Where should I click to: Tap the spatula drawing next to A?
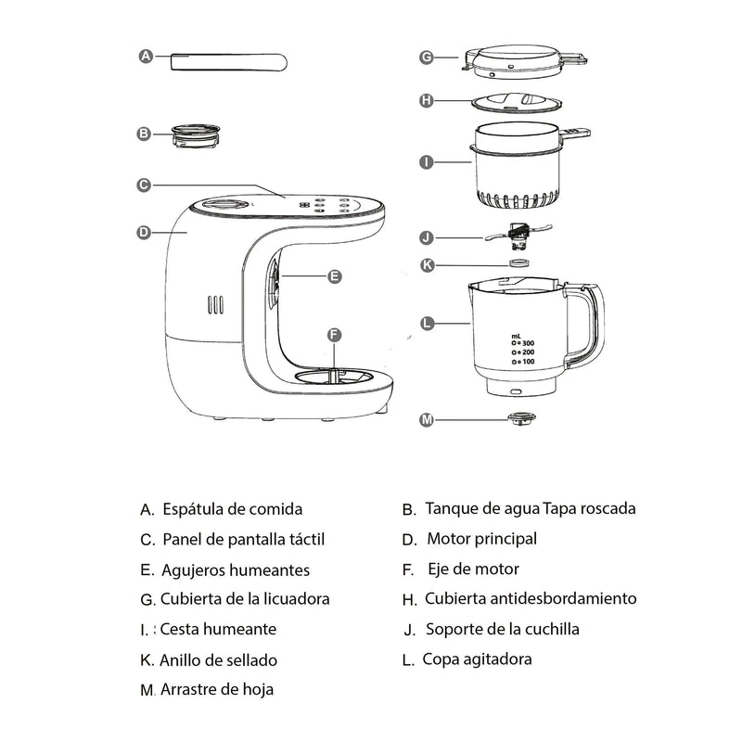coord(227,61)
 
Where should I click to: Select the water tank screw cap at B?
coord(196,134)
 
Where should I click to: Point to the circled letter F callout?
coord(335,334)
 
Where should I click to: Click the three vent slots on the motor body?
coord(215,304)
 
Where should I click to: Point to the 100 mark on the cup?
coord(526,361)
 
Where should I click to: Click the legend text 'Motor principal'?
coord(481,539)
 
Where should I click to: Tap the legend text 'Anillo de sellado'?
coord(218,660)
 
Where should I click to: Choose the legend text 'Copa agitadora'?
coord(477,659)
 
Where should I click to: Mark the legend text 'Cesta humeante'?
coord(218,629)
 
